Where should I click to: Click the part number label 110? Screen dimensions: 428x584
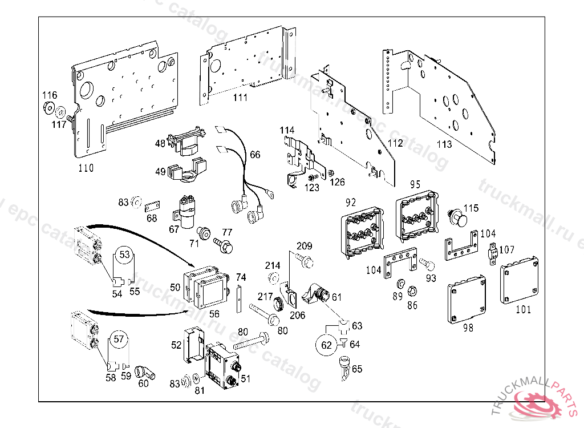86,168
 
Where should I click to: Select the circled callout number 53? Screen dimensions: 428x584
124,253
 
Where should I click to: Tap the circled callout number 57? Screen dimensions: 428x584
118,339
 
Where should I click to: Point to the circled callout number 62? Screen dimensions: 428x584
326,345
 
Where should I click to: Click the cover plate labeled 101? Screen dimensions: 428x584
519,280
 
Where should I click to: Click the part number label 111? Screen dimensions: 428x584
240,98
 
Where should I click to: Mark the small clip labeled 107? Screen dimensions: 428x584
492,251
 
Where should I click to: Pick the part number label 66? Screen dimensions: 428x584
254,155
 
